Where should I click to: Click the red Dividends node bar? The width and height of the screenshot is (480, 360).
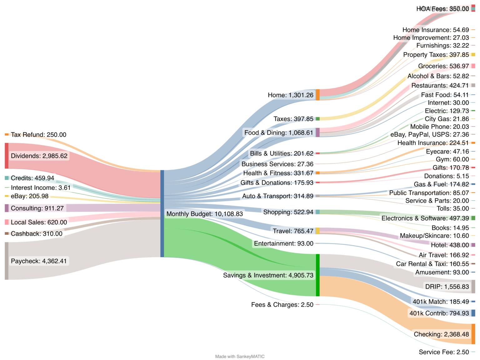point(7,156)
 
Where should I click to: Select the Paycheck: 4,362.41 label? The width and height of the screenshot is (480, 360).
point(39,261)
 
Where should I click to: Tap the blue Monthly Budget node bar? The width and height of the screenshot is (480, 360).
point(162,214)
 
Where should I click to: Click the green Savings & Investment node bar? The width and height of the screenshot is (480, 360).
point(317,275)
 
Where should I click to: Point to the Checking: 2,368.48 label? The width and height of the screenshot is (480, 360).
point(441,334)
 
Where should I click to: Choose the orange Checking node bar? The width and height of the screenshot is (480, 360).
point(473,334)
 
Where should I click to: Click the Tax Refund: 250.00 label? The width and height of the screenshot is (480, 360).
point(38,135)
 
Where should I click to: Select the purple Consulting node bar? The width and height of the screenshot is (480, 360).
point(7,208)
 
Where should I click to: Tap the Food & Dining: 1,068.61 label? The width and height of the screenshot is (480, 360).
point(278,133)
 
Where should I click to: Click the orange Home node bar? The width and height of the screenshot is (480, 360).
point(317,95)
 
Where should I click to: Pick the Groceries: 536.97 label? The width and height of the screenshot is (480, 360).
point(443,66)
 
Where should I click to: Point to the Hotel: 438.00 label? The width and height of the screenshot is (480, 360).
point(450,245)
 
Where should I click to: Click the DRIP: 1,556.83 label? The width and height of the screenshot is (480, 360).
point(447,287)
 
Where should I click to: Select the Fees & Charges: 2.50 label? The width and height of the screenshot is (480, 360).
point(282,305)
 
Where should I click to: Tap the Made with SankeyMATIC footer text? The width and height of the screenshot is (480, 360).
point(240,357)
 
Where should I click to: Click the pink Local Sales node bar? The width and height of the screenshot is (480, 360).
point(7,222)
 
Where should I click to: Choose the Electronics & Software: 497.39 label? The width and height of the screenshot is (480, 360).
point(425,218)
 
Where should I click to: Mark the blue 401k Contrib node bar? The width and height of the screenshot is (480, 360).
point(473,313)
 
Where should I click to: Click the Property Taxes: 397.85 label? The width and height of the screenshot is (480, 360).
point(436,55)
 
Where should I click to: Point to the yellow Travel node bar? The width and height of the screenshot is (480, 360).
point(317,231)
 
